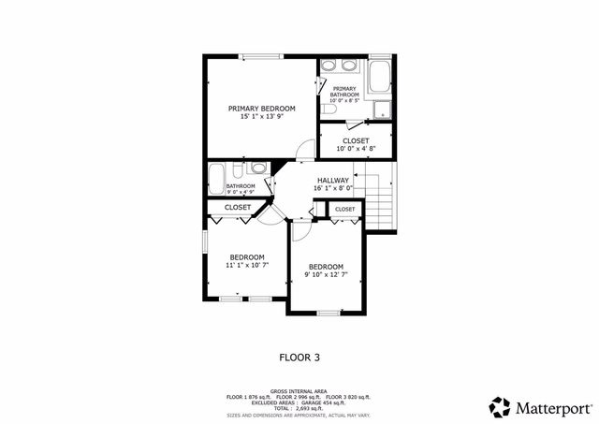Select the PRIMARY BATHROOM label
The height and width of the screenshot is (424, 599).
point(343,91)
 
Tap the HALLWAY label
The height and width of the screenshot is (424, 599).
point(332,180)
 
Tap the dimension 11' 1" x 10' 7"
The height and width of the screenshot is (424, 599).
point(247,265)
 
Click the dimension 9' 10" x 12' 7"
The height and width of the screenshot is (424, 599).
point(327,275)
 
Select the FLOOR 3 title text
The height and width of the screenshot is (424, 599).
point(299,357)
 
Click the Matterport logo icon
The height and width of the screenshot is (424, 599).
point(501,407)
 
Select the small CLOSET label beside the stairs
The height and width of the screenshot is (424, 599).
point(344,209)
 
